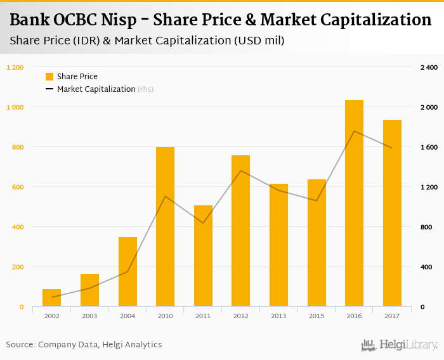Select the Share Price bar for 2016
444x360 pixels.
coord(354,203)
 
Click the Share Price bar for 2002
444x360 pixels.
coord(51,297)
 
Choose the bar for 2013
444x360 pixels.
coord(278,245)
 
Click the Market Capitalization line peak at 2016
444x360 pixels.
coord(354,131)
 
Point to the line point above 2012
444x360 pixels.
coord(241,170)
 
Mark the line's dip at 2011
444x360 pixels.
coord(203,223)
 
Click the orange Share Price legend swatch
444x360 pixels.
coord(49,77)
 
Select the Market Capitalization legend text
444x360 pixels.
coord(96,89)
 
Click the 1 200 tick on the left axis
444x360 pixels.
coord(15,67)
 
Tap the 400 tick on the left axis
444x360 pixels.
coord(18,227)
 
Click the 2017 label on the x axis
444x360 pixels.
coord(391,315)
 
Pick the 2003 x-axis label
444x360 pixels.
coord(89,315)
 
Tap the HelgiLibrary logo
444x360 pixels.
coord(399,345)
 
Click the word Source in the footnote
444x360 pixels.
coord(20,344)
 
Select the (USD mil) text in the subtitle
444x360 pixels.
coord(258,41)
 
